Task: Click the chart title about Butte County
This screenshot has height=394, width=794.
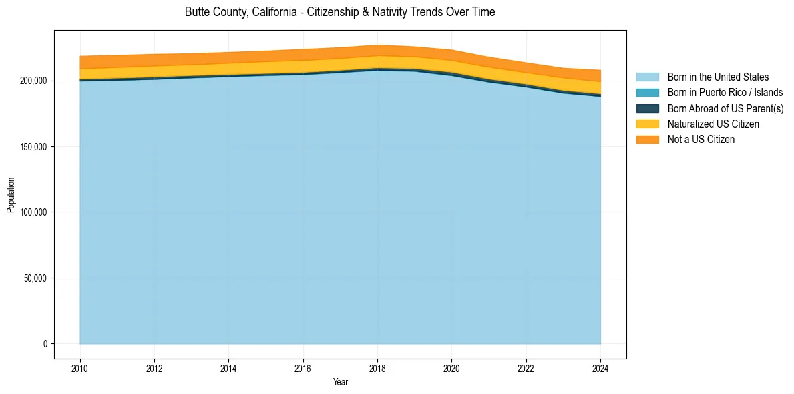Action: (340, 12)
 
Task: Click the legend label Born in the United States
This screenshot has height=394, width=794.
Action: (718, 77)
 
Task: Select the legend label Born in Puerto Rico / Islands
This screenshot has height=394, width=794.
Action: (725, 93)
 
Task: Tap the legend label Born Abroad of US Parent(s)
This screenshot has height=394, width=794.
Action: (725, 108)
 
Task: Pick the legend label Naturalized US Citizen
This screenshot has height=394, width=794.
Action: (713, 124)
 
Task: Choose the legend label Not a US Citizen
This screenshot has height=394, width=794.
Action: (701, 140)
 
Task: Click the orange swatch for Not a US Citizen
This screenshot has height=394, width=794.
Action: (647, 140)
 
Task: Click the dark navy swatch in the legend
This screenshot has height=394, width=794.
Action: (647, 108)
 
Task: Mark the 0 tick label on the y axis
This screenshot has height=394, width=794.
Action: (45, 344)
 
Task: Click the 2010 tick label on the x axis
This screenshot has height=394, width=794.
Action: (80, 368)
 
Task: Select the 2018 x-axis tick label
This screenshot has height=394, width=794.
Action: (377, 368)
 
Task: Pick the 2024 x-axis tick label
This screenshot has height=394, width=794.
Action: (600, 368)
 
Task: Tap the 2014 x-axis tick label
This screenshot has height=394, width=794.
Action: (228, 368)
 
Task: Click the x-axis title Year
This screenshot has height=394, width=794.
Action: (340, 383)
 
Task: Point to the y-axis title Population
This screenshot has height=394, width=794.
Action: (11, 195)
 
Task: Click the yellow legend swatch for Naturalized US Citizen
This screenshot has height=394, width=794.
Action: (647, 124)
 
